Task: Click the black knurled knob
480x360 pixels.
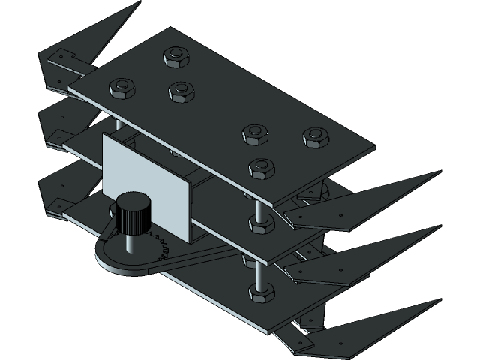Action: click(133, 211)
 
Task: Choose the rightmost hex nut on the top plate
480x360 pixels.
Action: click(315, 137)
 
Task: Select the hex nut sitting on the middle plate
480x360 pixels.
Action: click(257, 223)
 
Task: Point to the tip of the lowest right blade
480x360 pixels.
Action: click(439, 301)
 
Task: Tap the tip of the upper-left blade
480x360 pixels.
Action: click(139, 3)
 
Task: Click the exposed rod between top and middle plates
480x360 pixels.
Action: click(258, 198)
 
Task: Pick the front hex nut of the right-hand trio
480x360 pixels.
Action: click(260, 168)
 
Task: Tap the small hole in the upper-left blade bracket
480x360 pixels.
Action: click(61, 54)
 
